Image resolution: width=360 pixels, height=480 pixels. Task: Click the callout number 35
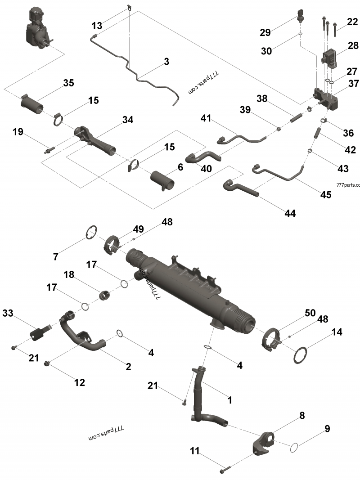click(68, 83)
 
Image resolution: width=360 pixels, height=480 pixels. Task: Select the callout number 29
click(265, 32)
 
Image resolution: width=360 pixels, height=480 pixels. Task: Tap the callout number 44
click(290, 213)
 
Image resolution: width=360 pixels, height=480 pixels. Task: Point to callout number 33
click(9, 313)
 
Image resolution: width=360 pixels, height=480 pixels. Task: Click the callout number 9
click(327, 428)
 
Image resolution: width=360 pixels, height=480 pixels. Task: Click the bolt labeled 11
click(225, 470)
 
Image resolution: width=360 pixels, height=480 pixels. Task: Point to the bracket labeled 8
click(264, 443)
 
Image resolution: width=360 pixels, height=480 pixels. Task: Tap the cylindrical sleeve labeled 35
click(32, 104)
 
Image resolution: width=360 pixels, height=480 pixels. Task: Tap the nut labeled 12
click(48, 363)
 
